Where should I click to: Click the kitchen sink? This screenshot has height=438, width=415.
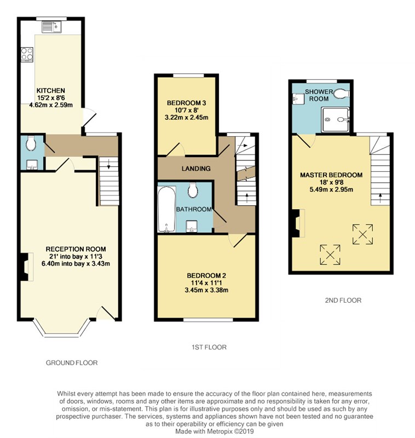tap(52, 27)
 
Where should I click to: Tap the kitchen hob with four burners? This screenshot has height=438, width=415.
tap(27, 54)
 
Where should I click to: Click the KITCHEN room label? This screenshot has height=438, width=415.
tap(51, 90)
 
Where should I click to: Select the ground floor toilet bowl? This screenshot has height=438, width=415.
tap(30, 143)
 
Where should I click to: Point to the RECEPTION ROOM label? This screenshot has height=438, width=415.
tap(76, 249)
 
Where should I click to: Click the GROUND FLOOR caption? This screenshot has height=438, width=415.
tap(72, 363)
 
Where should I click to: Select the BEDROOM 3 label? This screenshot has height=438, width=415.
tap(186, 103)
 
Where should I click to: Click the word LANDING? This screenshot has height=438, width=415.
tap(196, 169)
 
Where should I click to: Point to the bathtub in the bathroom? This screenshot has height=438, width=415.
tap(167, 209)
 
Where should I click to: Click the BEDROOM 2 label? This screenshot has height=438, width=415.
tap(206, 275)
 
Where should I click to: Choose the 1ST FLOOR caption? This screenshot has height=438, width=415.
tap(209, 347)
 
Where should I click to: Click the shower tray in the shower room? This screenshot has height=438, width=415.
tap(335, 119)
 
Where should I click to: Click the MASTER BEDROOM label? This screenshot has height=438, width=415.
tap(331, 175)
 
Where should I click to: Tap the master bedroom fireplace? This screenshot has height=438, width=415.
tap(297, 223)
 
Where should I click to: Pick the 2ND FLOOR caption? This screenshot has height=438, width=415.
tap(343, 300)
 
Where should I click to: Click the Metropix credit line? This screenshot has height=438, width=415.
tap(215, 431)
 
